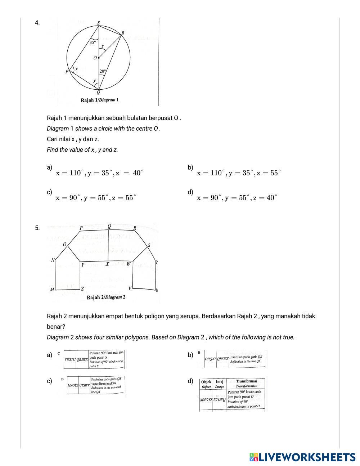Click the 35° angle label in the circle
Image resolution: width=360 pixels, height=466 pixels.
coord(93,42)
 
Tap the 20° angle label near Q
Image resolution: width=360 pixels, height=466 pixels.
coord(103,71)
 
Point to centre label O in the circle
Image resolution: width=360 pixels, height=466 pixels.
coord(95,58)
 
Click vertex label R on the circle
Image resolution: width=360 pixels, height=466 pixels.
coord(123,33)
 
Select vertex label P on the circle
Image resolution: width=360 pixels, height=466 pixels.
coord(67,72)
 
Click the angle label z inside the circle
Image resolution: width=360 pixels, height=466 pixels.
coord(103,46)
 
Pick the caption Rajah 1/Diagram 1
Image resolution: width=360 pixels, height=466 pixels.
coord(100,100)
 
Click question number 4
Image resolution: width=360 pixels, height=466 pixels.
coord(37,23)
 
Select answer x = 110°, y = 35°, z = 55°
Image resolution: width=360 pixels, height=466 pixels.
coord(239,173)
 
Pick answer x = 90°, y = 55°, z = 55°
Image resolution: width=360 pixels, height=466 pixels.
coord(96,198)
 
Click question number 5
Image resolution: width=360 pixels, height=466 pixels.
coord(37,228)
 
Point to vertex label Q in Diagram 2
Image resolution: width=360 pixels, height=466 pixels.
coord(109,226)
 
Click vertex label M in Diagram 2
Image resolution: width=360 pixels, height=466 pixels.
coord(52,290)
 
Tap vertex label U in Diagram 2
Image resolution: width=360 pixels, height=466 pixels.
coord(157,290)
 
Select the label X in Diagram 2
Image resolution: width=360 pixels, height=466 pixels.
coord(107,264)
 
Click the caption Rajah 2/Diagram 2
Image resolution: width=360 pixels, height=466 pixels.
coord(106,297)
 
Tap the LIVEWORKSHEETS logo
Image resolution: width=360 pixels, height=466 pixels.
coord(302,457)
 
